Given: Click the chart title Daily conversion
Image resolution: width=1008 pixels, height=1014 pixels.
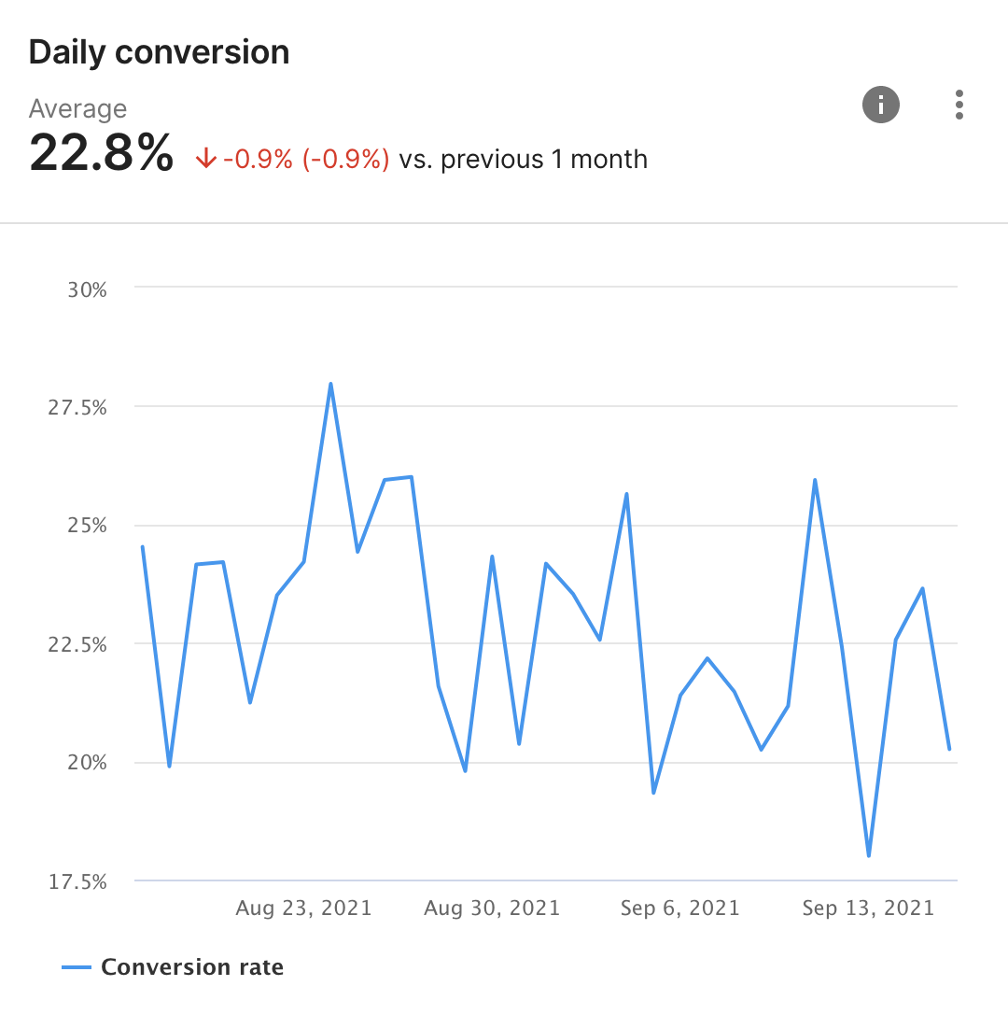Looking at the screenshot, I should click(159, 52).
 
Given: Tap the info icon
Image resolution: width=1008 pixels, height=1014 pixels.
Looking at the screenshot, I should click(880, 105).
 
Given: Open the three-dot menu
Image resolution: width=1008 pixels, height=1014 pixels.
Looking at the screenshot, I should click(959, 105).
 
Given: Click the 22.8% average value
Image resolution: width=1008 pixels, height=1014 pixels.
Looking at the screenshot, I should click(101, 153).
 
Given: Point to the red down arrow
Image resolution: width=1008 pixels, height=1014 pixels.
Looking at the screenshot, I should click(206, 160).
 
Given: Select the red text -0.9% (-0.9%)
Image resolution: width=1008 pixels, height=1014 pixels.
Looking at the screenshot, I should click(306, 160).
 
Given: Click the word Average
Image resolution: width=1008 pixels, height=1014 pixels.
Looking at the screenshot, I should click(77, 109).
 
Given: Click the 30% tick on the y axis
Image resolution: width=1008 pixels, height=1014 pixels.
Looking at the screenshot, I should click(87, 289).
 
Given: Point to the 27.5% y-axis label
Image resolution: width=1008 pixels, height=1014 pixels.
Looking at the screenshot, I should click(79, 408).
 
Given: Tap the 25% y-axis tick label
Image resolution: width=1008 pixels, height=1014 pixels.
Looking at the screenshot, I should click(87, 526).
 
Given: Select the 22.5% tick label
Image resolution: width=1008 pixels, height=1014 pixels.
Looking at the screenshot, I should click(79, 644).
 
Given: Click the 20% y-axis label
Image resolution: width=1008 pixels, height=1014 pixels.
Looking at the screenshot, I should click(87, 763).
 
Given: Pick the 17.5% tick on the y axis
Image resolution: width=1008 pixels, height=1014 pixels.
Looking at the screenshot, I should click(79, 881).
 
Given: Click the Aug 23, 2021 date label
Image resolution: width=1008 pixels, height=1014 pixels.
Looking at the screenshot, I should click(303, 908).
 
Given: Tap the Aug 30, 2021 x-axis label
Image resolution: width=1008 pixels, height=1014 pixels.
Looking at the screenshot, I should click(492, 908).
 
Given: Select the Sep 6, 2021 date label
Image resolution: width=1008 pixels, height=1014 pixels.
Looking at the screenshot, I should click(679, 908).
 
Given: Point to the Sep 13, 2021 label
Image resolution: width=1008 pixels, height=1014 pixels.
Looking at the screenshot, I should click(868, 908).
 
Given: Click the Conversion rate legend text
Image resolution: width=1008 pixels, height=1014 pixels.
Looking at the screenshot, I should click(191, 967).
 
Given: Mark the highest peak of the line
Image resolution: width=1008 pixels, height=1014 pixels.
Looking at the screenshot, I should click(330, 384).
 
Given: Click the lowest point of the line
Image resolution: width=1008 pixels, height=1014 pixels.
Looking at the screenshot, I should click(869, 855).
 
